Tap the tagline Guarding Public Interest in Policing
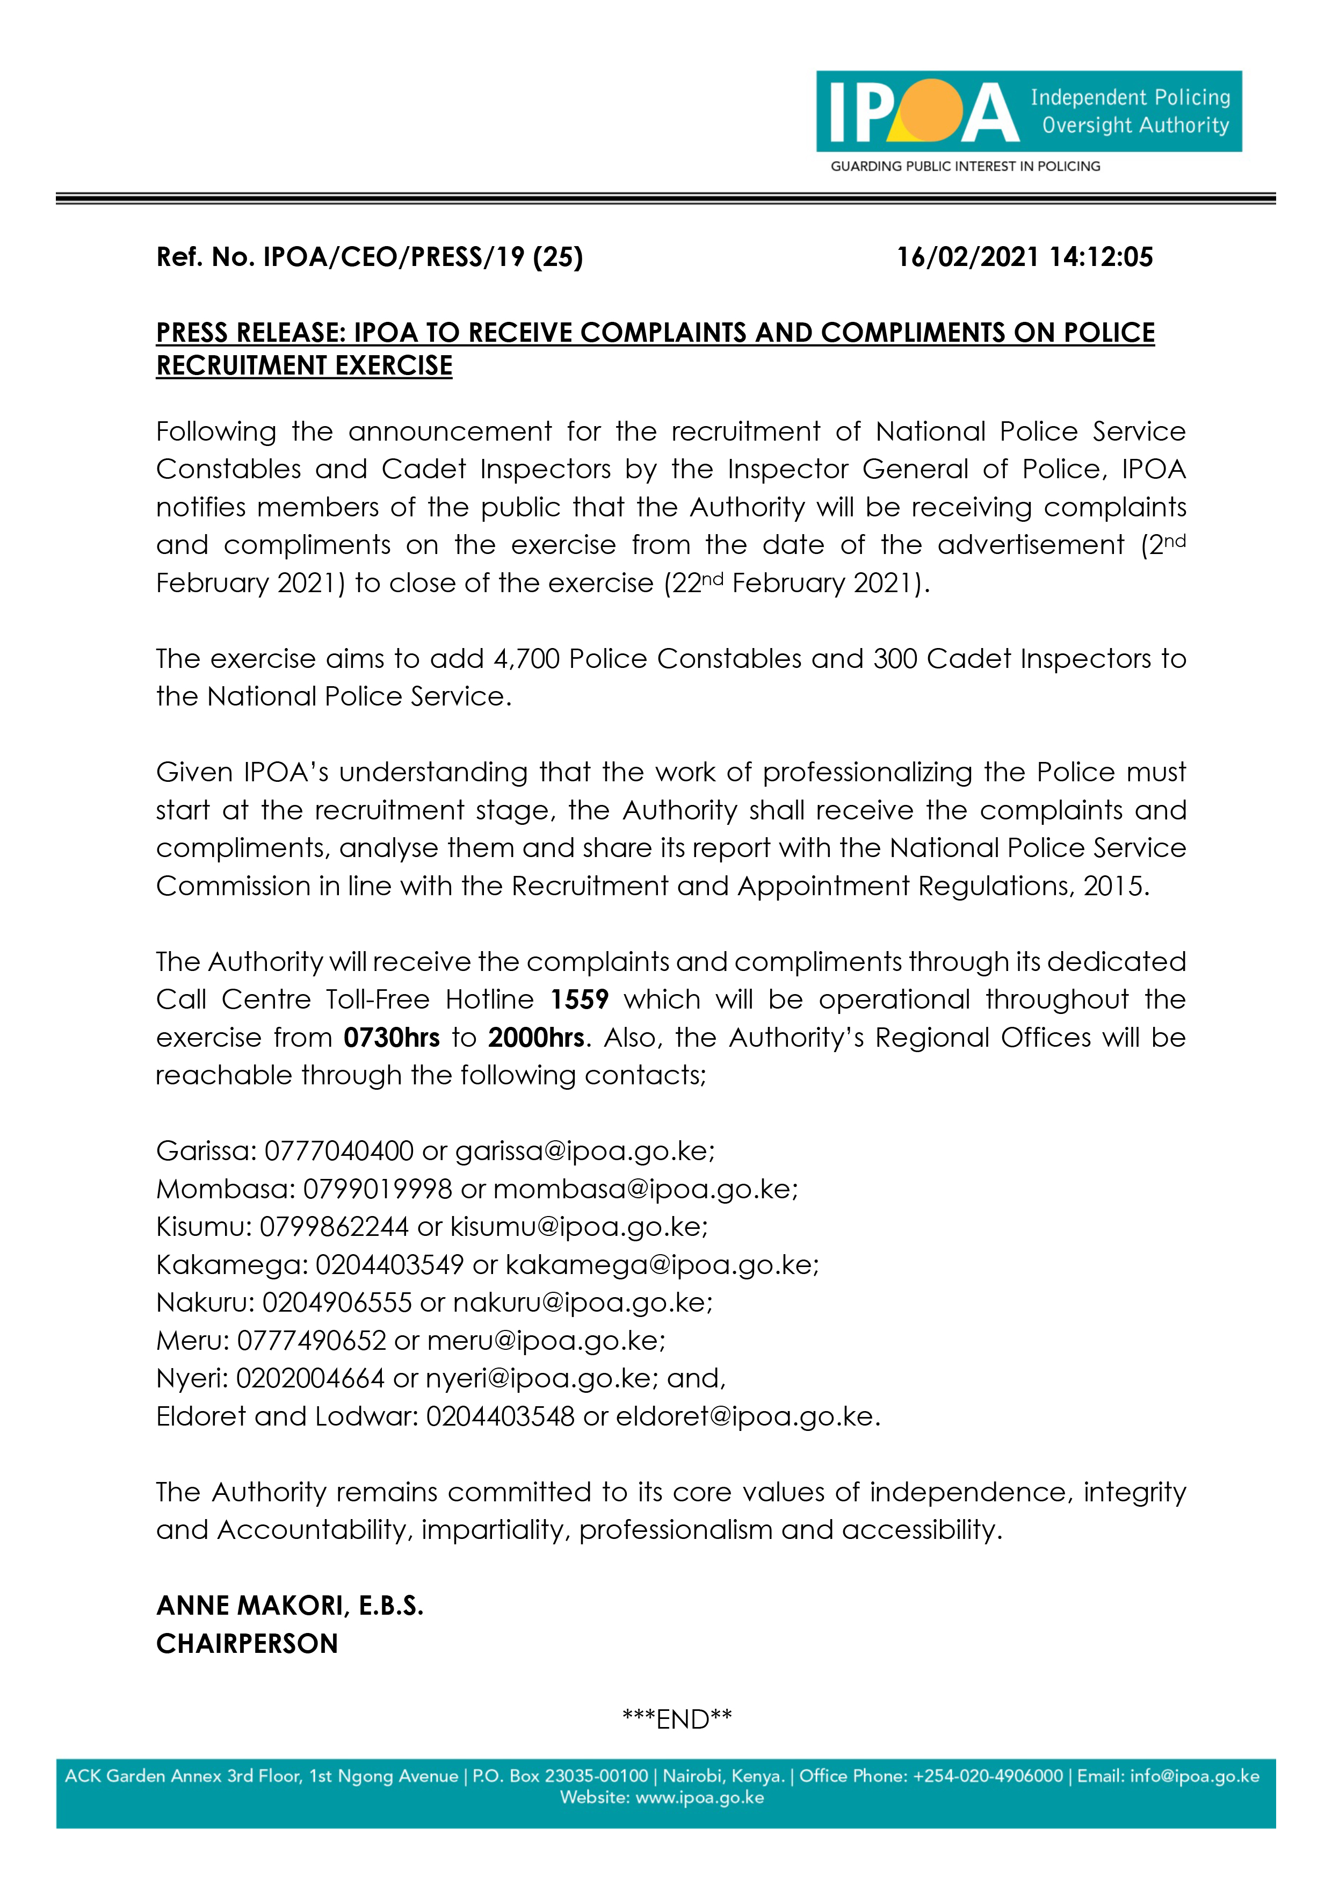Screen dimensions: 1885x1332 click(965, 167)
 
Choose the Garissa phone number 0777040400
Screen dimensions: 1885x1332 click(338, 1151)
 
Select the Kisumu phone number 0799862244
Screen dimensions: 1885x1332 click(334, 1227)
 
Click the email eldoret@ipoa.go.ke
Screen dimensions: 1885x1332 click(745, 1417)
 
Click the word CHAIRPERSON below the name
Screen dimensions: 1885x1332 click(247, 1644)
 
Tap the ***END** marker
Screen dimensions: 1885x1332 click(677, 1719)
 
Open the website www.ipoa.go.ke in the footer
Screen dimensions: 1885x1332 click(699, 1798)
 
